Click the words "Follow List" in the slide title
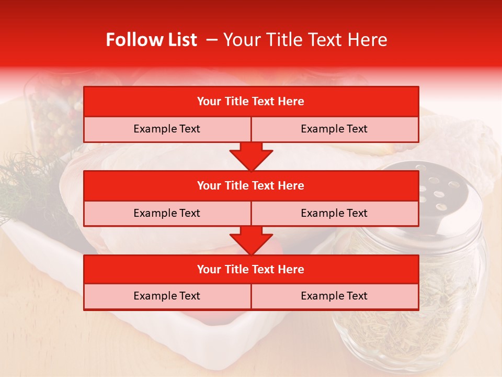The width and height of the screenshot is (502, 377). coord(151,40)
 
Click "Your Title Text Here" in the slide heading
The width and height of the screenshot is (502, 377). coord(305,40)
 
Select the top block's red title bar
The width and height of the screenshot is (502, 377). coord(251,102)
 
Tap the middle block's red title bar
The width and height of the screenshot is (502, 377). coord(251,185)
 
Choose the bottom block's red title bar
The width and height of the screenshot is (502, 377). coord(251,269)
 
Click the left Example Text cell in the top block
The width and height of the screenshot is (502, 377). coord(167,129)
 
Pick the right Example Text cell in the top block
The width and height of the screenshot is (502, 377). coord(334,129)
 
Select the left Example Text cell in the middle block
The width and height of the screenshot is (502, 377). coord(167,213)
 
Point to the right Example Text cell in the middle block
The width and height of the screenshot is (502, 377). coord(334,213)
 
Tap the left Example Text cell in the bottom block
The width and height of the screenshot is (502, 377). coord(167,296)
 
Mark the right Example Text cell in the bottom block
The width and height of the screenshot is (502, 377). coord(334,296)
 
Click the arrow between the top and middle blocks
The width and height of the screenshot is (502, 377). coord(251,157)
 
